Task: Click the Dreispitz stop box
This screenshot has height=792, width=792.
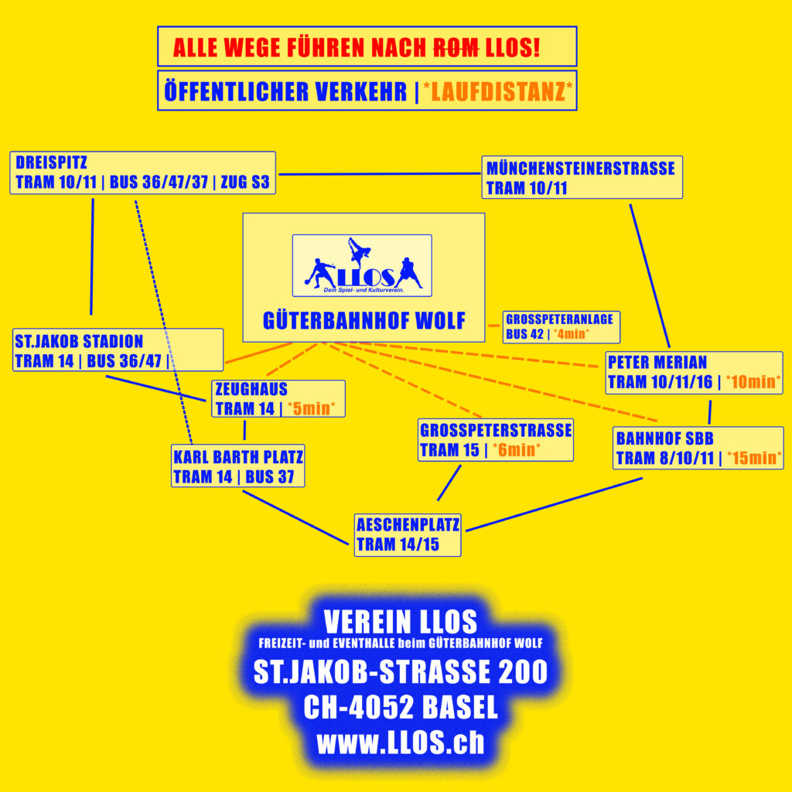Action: point(145,172)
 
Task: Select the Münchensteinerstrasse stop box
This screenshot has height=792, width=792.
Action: point(582,177)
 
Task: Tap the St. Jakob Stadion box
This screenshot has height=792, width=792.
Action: point(118,350)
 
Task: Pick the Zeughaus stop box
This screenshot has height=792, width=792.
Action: point(278,398)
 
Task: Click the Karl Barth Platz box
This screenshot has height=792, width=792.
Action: point(237,466)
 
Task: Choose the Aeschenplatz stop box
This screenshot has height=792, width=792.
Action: point(408,534)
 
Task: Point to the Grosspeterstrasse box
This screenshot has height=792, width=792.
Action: point(495,439)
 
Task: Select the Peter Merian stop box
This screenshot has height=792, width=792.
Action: point(694,372)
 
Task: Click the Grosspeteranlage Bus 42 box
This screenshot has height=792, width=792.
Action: point(562,326)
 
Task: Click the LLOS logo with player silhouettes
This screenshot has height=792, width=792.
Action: point(362,265)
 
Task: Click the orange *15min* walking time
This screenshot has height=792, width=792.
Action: point(752,458)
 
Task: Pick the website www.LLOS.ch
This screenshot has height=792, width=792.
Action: point(400,742)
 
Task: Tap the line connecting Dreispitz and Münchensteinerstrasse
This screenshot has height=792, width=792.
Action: point(379,173)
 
